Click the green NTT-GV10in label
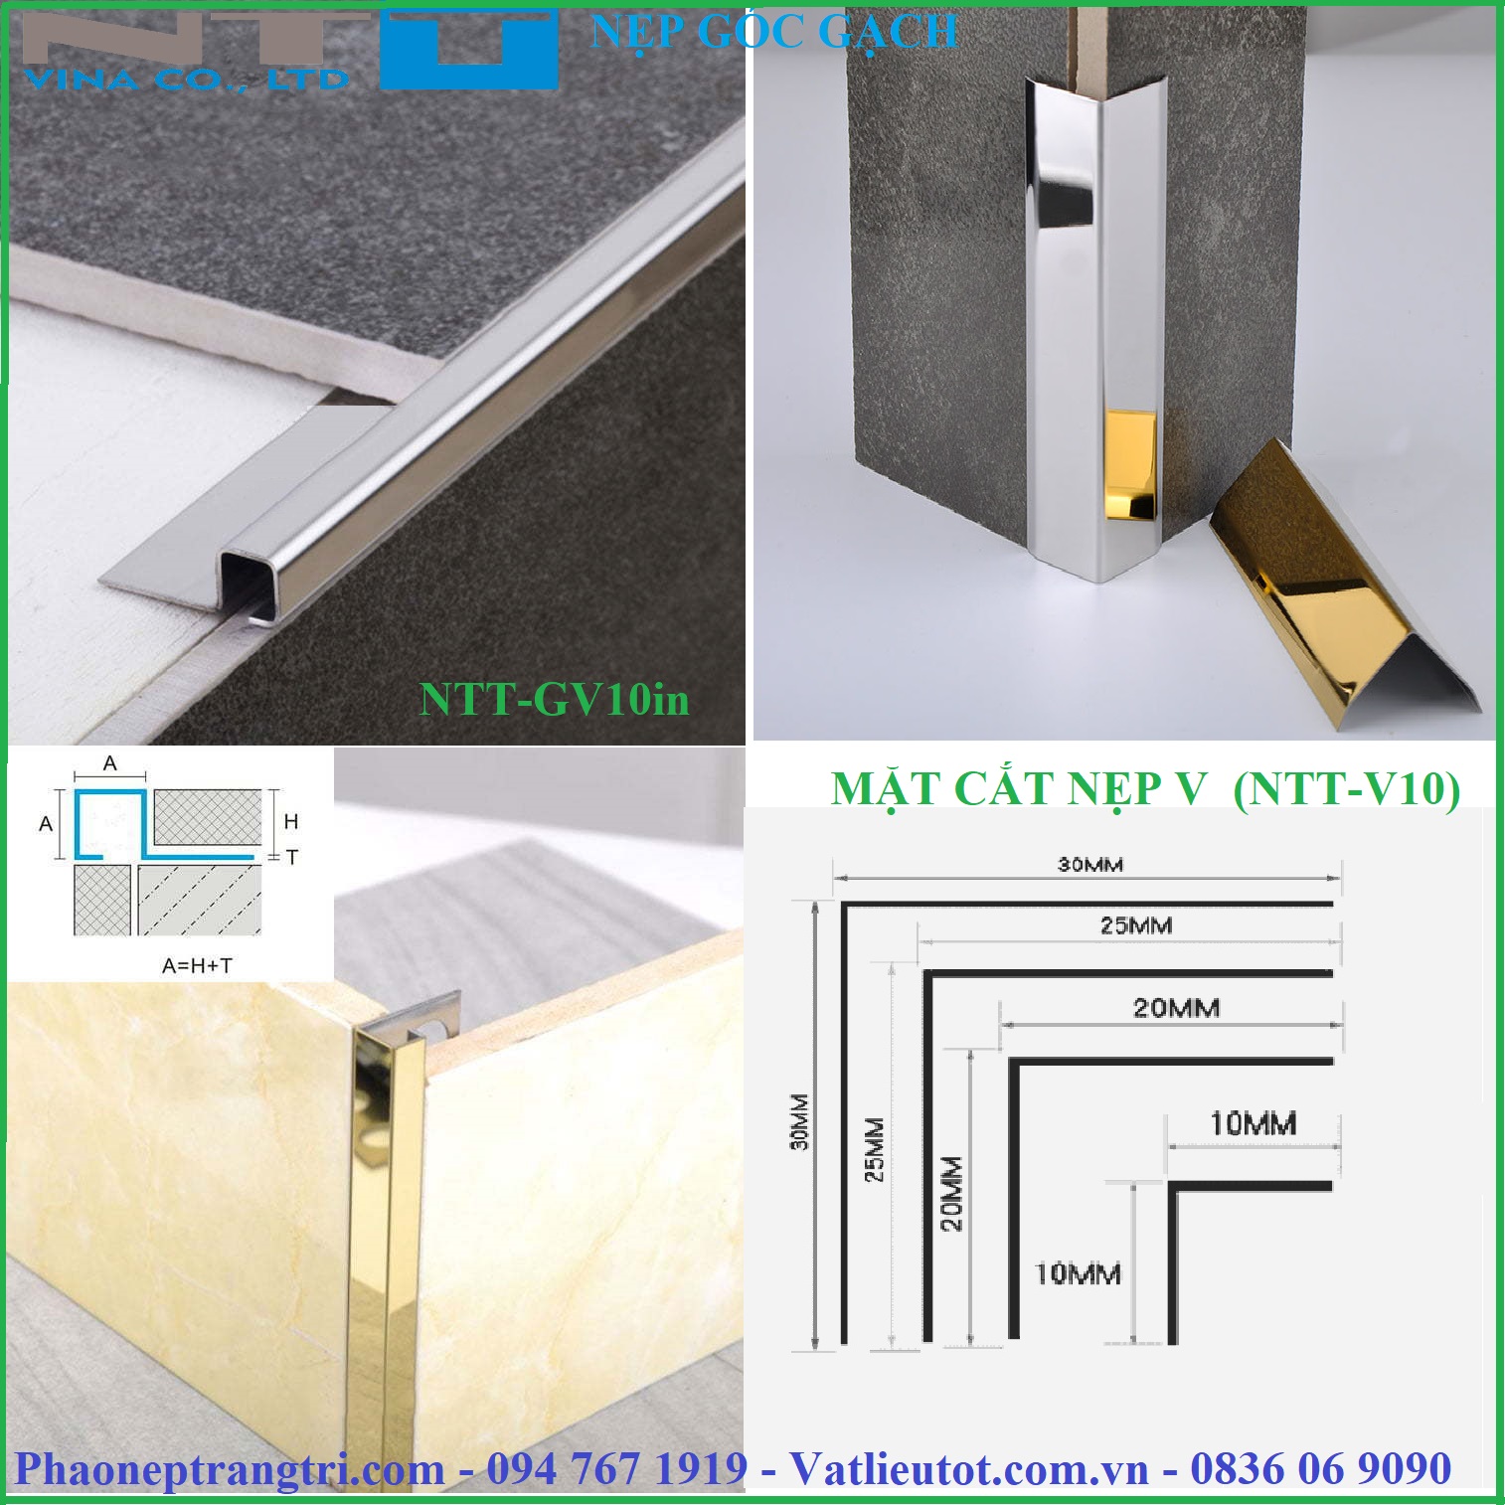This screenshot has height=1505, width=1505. pos(554,698)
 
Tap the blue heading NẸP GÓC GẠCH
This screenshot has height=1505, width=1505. pos(773,32)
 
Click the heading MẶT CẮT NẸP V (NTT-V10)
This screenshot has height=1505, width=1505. pos(1145,789)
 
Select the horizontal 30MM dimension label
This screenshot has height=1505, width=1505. pos(1089,864)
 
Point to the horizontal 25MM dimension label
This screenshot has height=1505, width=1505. pos(1135,925)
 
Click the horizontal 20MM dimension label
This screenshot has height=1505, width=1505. pos(1176,1008)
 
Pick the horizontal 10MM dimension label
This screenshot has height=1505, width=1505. pos(1253,1124)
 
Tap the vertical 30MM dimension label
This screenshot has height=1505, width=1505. pos(800,1121)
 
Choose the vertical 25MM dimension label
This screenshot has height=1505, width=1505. pos(874,1150)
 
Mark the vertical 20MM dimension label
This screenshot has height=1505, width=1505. pos(951,1193)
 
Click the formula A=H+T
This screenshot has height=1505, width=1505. pos(197,965)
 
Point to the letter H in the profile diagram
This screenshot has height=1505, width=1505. pos(291,821)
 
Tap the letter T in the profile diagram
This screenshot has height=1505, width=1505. pos(291,856)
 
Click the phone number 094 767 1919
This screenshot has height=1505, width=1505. pos(616,1468)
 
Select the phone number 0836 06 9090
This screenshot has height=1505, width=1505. pos(1321,1468)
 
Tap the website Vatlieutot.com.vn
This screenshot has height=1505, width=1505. pos(968,1468)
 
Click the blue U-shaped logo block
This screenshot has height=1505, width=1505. pos(469,50)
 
